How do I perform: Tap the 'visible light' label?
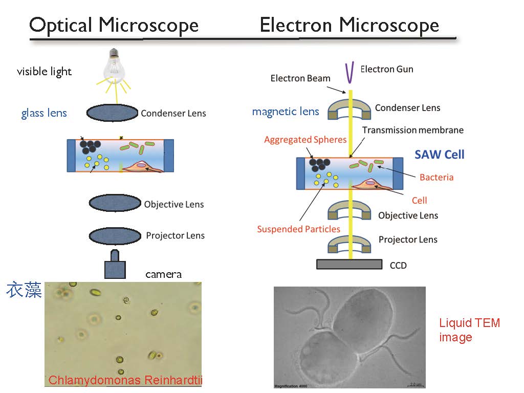click(x=44, y=72)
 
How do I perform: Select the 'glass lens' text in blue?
click(x=44, y=113)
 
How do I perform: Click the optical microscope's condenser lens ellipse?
click(x=112, y=113)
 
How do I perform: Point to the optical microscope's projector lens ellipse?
click(x=115, y=236)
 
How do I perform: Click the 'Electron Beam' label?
click(x=300, y=78)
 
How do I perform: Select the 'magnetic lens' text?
click(x=286, y=111)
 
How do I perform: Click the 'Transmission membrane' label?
click(x=413, y=130)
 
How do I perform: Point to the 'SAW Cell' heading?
click(x=440, y=154)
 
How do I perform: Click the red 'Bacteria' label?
click(x=436, y=178)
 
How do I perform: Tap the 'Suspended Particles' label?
click(x=299, y=229)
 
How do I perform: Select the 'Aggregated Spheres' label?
click(x=305, y=140)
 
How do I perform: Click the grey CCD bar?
click(x=350, y=264)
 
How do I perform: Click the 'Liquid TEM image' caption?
click(x=469, y=330)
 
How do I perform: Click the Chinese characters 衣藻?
click(x=24, y=290)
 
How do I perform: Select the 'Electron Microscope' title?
click(x=350, y=25)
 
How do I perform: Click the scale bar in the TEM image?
click(x=414, y=383)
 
